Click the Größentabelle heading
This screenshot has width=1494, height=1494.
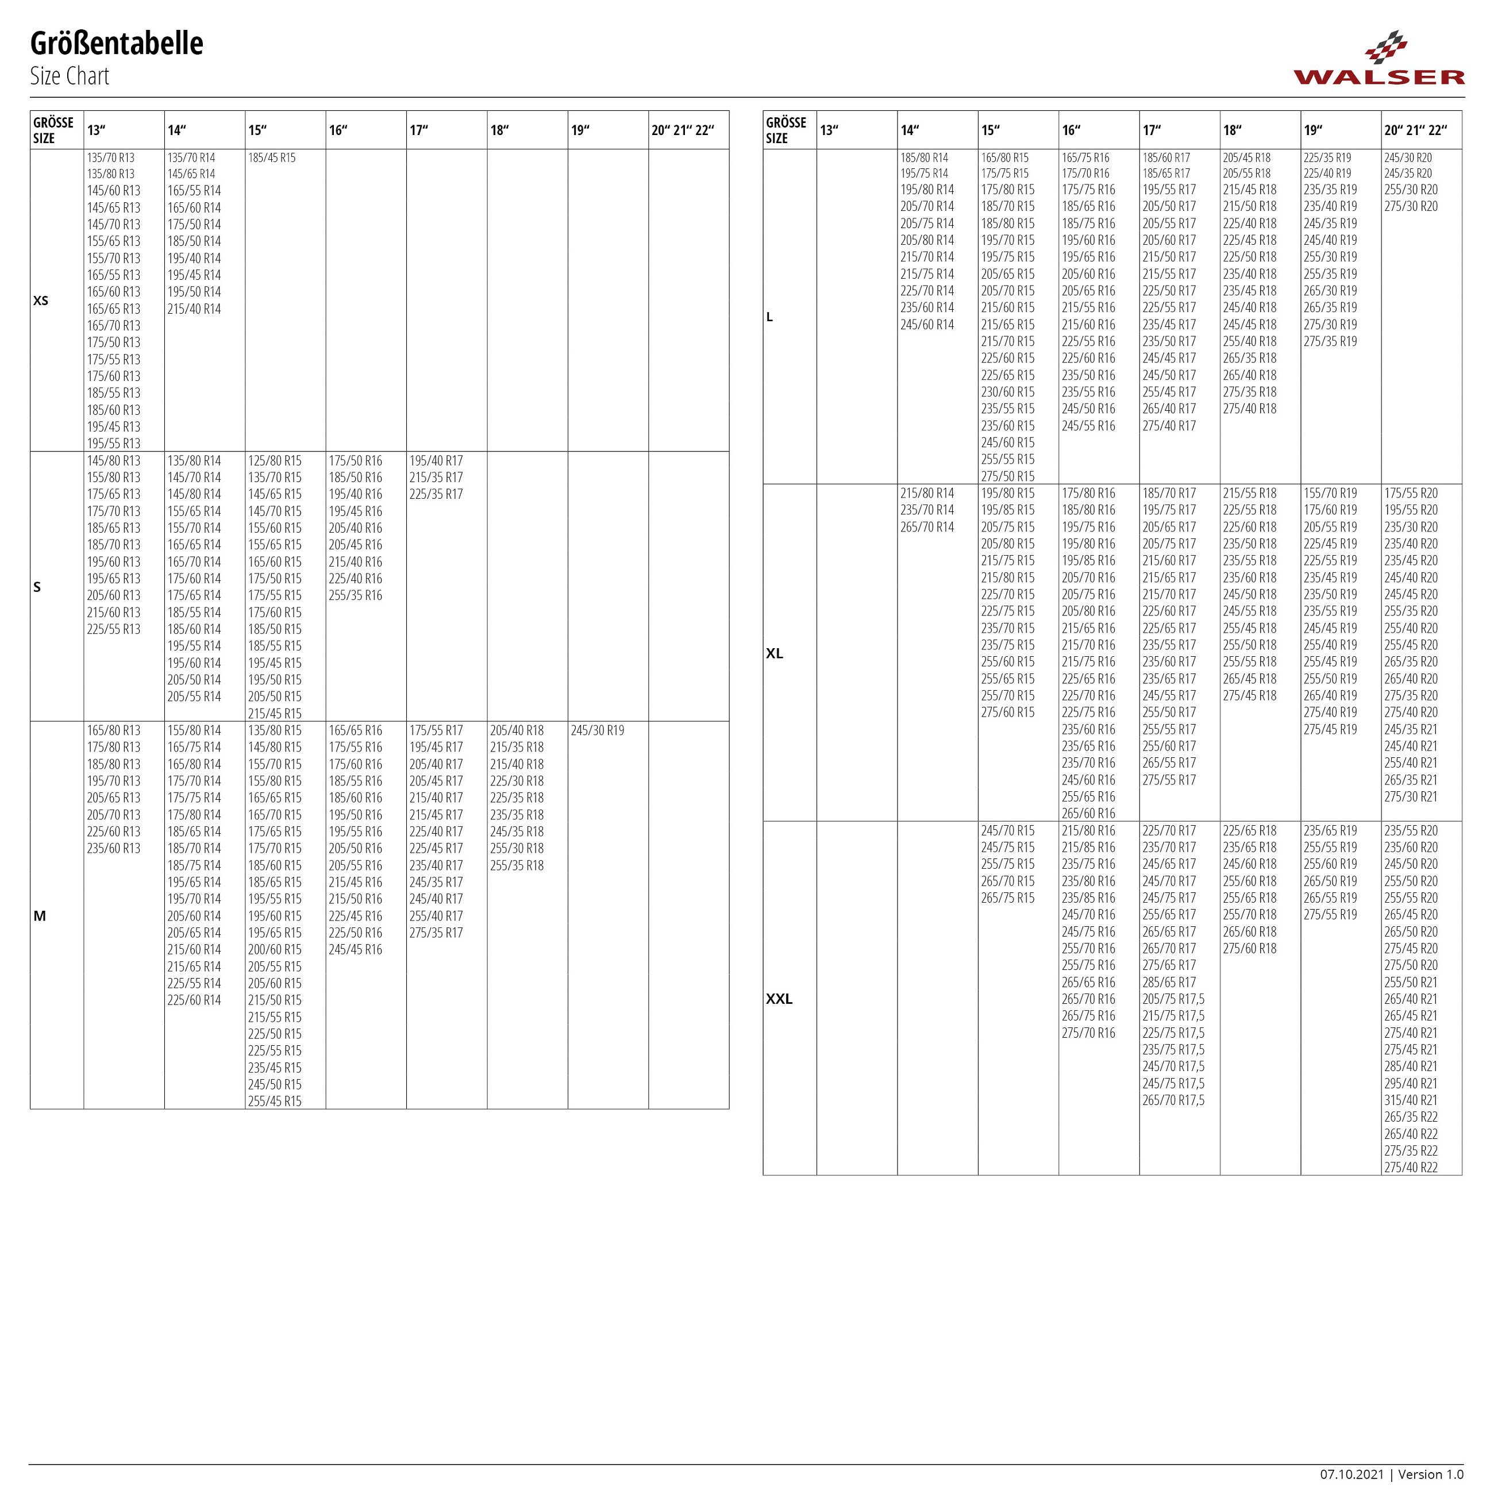[117, 44]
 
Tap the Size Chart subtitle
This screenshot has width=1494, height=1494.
[70, 76]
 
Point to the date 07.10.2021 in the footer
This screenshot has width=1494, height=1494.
[1351, 1474]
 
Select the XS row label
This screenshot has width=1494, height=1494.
[41, 301]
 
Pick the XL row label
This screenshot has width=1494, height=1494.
[774, 653]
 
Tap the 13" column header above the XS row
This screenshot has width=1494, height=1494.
[97, 130]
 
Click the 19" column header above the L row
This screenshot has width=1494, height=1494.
[1313, 130]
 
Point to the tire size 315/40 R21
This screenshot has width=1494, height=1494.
[1411, 1100]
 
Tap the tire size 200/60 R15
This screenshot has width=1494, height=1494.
[275, 950]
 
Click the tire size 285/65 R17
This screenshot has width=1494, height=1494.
[1168, 983]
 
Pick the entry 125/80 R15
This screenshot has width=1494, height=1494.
[275, 461]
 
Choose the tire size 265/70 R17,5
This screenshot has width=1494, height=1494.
[1173, 1100]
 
